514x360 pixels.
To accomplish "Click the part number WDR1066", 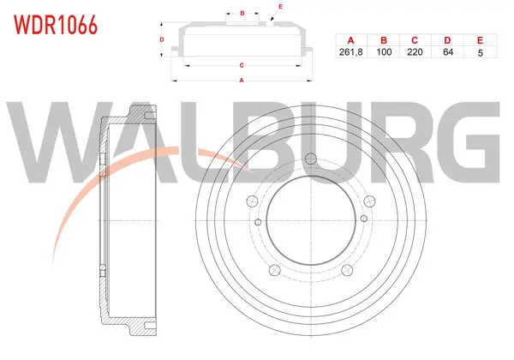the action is pyautogui.click(x=56, y=25).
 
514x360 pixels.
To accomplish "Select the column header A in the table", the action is pyautogui.click(x=350, y=40).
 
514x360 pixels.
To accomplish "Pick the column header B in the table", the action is pyautogui.click(x=384, y=40).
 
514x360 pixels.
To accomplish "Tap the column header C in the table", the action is pyautogui.click(x=415, y=40).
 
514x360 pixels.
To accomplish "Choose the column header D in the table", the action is pyautogui.click(x=447, y=40).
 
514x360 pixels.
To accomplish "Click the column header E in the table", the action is pyautogui.click(x=480, y=40).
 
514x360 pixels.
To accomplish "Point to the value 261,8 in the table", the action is pyautogui.click(x=350, y=52).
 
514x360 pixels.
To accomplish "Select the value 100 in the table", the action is pyautogui.click(x=384, y=52).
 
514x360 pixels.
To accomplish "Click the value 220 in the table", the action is pyautogui.click(x=415, y=52).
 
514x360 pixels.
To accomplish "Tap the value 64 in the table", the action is pyautogui.click(x=448, y=52).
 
